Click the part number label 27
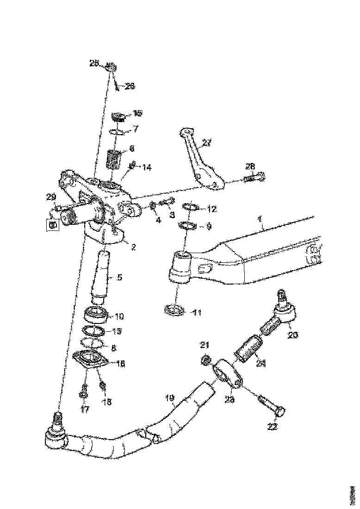point(206,143)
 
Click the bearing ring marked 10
point(97,316)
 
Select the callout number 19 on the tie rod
point(170,397)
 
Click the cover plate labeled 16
point(91,360)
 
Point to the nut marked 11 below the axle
point(175,310)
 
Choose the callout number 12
point(212,209)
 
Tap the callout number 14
point(147,168)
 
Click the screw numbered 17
point(84,393)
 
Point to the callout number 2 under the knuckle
point(133,247)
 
